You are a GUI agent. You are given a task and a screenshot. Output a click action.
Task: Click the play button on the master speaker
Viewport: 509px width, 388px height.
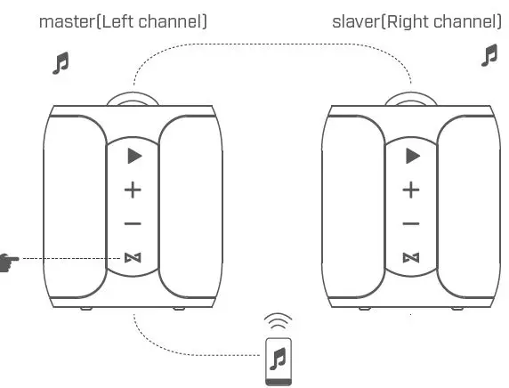click(x=133, y=157)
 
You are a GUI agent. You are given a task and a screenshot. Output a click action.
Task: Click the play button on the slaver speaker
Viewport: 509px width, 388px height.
click(x=411, y=157)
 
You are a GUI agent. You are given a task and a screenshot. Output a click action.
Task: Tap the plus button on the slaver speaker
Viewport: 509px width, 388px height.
click(x=411, y=190)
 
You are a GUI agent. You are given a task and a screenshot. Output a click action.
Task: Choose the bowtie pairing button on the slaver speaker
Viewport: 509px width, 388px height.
click(x=411, y=258)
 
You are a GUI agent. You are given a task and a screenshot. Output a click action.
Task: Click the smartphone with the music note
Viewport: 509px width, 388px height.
click(x=279, y=360)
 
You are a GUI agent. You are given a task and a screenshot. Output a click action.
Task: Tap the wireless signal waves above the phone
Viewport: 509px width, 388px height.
click(x=279, y=321)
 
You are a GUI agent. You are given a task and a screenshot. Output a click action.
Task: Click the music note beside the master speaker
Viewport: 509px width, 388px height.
click(x=61, y=63)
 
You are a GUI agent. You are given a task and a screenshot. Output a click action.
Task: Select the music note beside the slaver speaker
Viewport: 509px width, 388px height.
click(x=489, y=56)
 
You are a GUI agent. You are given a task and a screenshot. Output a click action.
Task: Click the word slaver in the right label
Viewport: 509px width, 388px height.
click(x=355, y=20)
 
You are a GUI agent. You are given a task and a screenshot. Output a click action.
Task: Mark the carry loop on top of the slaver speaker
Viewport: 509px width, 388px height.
click(x=411, y=96)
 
